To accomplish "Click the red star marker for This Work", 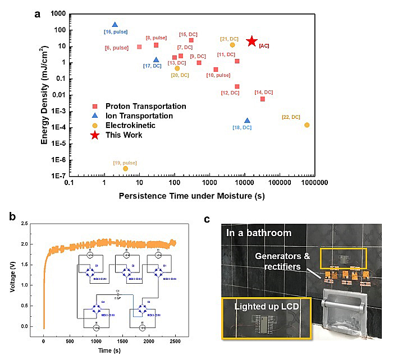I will [252, 41].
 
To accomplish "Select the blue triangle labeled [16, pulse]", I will [115, 25].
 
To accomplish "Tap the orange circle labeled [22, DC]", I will [307, 124].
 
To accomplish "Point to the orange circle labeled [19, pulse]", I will [125, 168].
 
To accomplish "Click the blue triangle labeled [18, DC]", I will [247, 121].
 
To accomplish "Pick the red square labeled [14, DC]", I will [262, 99].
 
